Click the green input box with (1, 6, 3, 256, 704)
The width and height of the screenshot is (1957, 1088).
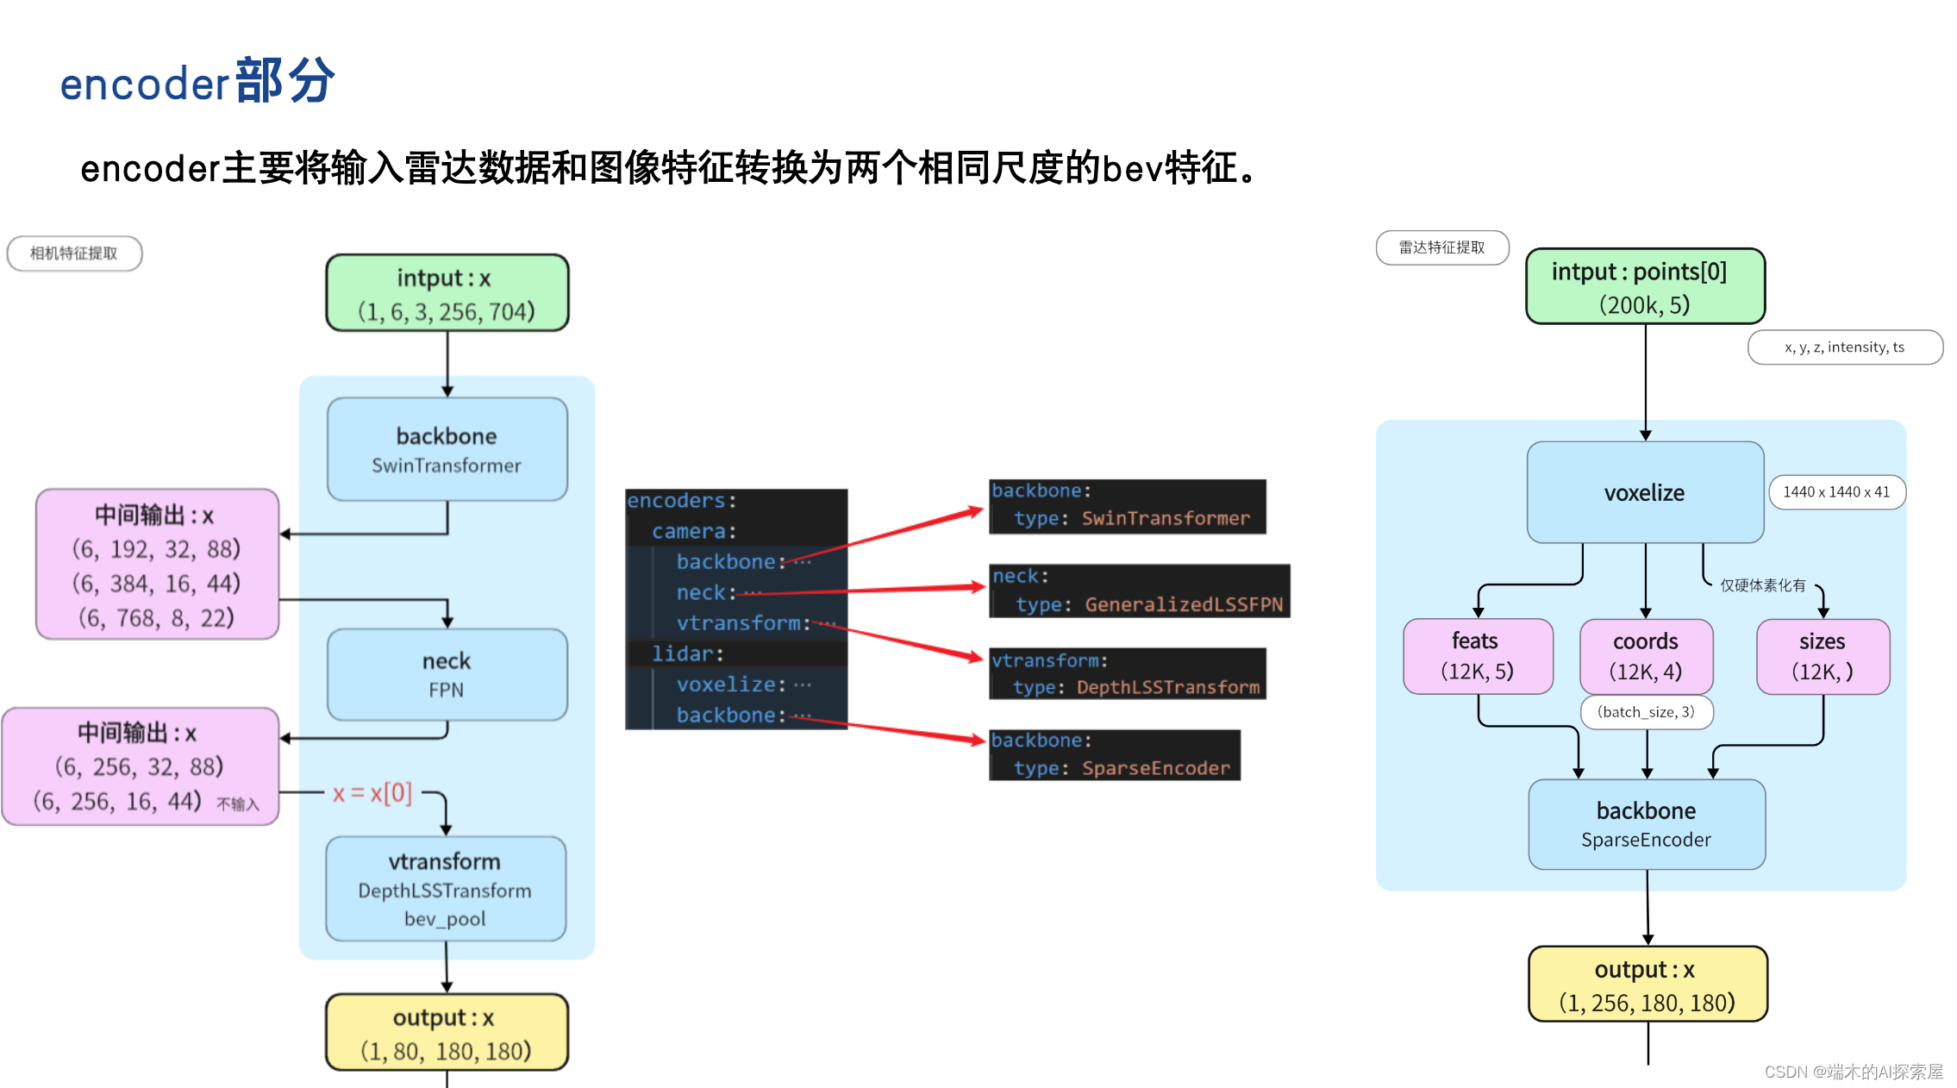click(447, 293)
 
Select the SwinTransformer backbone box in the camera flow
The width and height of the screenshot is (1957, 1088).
click(447, 449)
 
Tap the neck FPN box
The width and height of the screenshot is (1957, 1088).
click(447, 674)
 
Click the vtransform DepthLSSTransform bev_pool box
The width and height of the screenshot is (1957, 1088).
click(445, 889)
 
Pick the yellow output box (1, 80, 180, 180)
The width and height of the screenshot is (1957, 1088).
click(446, 1033)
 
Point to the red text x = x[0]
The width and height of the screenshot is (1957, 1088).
click(372, 793)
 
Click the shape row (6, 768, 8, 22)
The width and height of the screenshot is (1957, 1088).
click(156, 618)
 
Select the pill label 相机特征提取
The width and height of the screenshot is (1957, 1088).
click(74, 253)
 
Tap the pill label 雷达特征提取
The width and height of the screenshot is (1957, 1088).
click(1441, 247)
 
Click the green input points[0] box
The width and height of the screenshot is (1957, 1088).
click(1644, 287)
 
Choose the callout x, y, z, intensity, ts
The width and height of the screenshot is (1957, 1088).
click(1844, 347)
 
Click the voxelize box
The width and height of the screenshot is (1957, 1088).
click(1644, 493)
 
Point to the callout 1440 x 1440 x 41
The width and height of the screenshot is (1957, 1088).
click(1835, 492)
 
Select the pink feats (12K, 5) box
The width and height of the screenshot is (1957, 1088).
click(1477, 656)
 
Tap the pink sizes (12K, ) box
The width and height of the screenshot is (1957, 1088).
click(1822, 656)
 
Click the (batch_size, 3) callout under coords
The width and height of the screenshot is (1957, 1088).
click(1645, 712)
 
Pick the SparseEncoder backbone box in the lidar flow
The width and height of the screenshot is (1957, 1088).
click(1646, 824)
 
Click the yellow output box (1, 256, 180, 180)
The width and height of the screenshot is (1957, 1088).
click(1647, 985)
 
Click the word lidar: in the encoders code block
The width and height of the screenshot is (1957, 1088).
click(686, 653)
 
